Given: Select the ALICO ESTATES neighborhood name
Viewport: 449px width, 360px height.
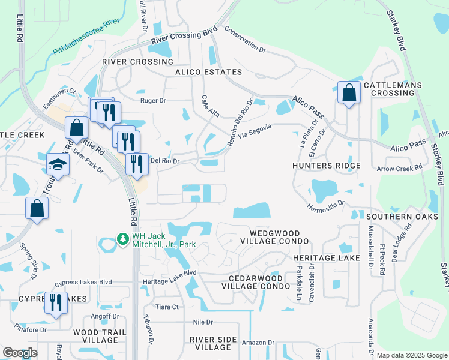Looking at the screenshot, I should coord(208,72).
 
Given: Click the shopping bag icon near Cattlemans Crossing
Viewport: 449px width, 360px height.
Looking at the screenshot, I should coord(349,93).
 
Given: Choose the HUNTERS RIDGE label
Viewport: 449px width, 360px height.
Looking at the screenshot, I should coord(327,166).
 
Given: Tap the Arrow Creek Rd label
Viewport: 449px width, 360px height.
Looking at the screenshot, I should coord(395,169).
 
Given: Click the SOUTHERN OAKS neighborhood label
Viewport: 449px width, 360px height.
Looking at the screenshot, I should coord(399,216).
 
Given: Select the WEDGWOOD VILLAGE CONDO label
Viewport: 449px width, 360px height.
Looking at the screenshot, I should coord(274,236).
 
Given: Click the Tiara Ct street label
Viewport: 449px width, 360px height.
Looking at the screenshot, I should coord(167,307).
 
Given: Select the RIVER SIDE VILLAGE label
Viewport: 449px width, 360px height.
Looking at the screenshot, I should coord(213,343).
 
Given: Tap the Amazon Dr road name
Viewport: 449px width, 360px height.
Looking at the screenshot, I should coord(258,343).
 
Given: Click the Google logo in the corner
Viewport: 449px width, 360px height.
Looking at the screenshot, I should coord(20,353).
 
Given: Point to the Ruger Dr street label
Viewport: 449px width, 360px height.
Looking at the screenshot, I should coord(152,101).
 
